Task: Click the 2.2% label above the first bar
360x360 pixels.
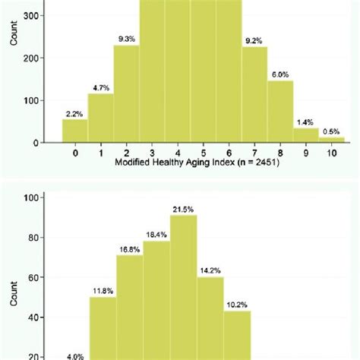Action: (74, 112)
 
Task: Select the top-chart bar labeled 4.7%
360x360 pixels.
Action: (100, 118)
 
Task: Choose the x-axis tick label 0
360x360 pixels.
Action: (74, 153)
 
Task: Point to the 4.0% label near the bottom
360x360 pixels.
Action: (76, 355)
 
